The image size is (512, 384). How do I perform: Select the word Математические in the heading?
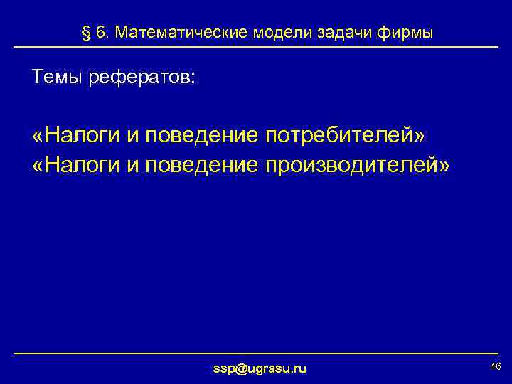click(x=171, y=33)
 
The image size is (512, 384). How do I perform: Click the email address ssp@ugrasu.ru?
click(x=260, y=368)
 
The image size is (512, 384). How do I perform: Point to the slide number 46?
click(x=496, y=366)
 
